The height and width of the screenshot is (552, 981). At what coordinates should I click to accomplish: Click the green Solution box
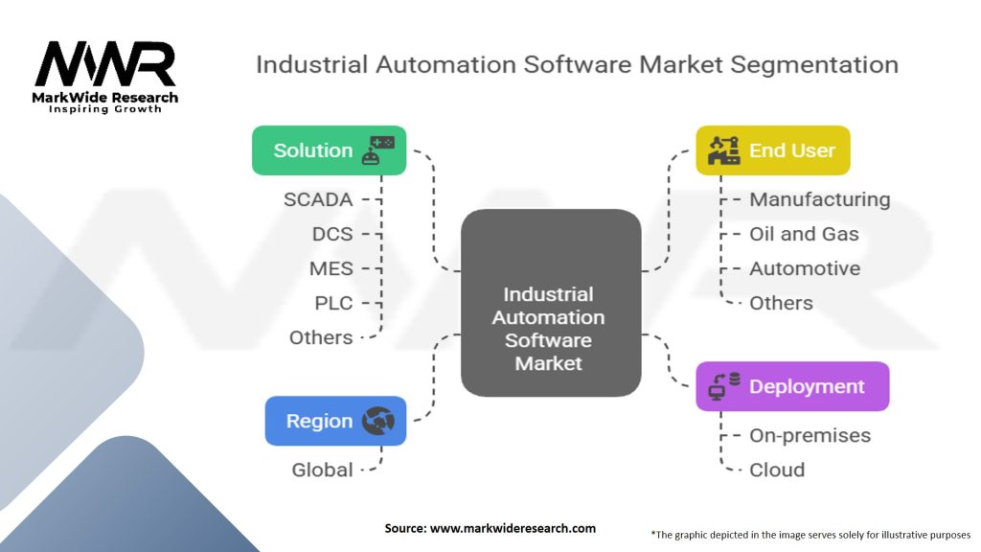pyautogui.click(x=329, y=150)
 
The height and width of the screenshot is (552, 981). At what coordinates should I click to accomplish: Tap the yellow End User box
pyautogui.click(x=772, y=150)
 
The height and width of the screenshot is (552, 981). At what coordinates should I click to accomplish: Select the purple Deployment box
pyautogui.click(x=791, y=386)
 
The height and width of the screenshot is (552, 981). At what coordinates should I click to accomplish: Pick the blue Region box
pyautogui.click(x=335, y=421)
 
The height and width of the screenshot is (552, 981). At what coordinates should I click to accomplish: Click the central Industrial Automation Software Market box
pyautogui.click(x=550, y=303)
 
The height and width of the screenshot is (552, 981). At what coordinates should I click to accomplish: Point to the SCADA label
pyautogui.click(x=318, y=199)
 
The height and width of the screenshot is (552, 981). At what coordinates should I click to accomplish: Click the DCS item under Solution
pyautogui.click(x=332, y=234)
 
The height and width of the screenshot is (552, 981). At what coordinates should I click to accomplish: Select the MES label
pyautogui.click(x=331, y=268)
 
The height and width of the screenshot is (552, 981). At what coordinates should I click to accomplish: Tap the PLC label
pyautogui.click(x=333, y=303)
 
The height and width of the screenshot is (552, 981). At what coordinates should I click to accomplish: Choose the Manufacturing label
pyautogui.click(x=819, y=199)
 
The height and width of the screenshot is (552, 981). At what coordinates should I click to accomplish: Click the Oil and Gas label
pyautogui.click(x=804, y=234)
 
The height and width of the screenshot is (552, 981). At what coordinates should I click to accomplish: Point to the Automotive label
pyautogui.click(x=805, y=268)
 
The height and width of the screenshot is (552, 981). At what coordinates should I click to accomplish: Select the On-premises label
pyautogui.click(x=810, y=435)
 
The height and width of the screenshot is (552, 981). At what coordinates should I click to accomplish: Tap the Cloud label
pyautogui.click(x=777, y=470)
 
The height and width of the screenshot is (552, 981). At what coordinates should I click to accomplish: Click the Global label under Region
pyautogui.click(x=322, y=470)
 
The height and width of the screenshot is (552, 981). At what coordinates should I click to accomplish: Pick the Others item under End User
pyautogui.click(x=781, y=303)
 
